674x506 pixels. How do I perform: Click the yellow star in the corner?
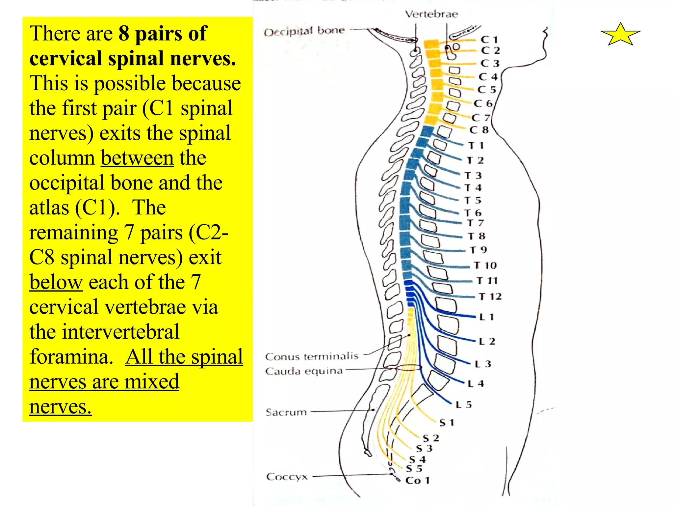(x=620, y=34)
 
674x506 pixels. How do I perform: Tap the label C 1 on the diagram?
(x=489, y=40)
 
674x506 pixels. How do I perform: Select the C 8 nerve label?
(x=479, y=130)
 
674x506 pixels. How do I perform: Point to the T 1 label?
(x=476, y=146)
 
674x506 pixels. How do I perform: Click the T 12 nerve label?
(x=490, y=297)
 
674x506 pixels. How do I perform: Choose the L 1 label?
(x=487, y=317)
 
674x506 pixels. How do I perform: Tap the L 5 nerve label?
(x=464, y=405)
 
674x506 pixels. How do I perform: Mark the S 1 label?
(x=447, y=423)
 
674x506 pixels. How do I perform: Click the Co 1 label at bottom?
(x=418, y=481)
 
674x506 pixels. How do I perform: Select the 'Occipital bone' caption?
(x=304, y=32)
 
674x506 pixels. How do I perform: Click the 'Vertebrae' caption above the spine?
(x=431, y=14)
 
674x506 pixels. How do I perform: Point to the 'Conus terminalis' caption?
(x=312, y=356)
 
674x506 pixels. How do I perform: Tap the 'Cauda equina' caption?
(x=304, y=371)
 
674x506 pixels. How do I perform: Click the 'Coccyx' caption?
(x=287, y=477)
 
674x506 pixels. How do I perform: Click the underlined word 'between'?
(x=137, y=158)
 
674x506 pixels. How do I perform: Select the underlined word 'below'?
(x=56, y=282)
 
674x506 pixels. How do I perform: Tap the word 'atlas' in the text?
(x=49, y=208)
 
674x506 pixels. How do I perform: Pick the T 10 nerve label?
(x=485, y=266)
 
